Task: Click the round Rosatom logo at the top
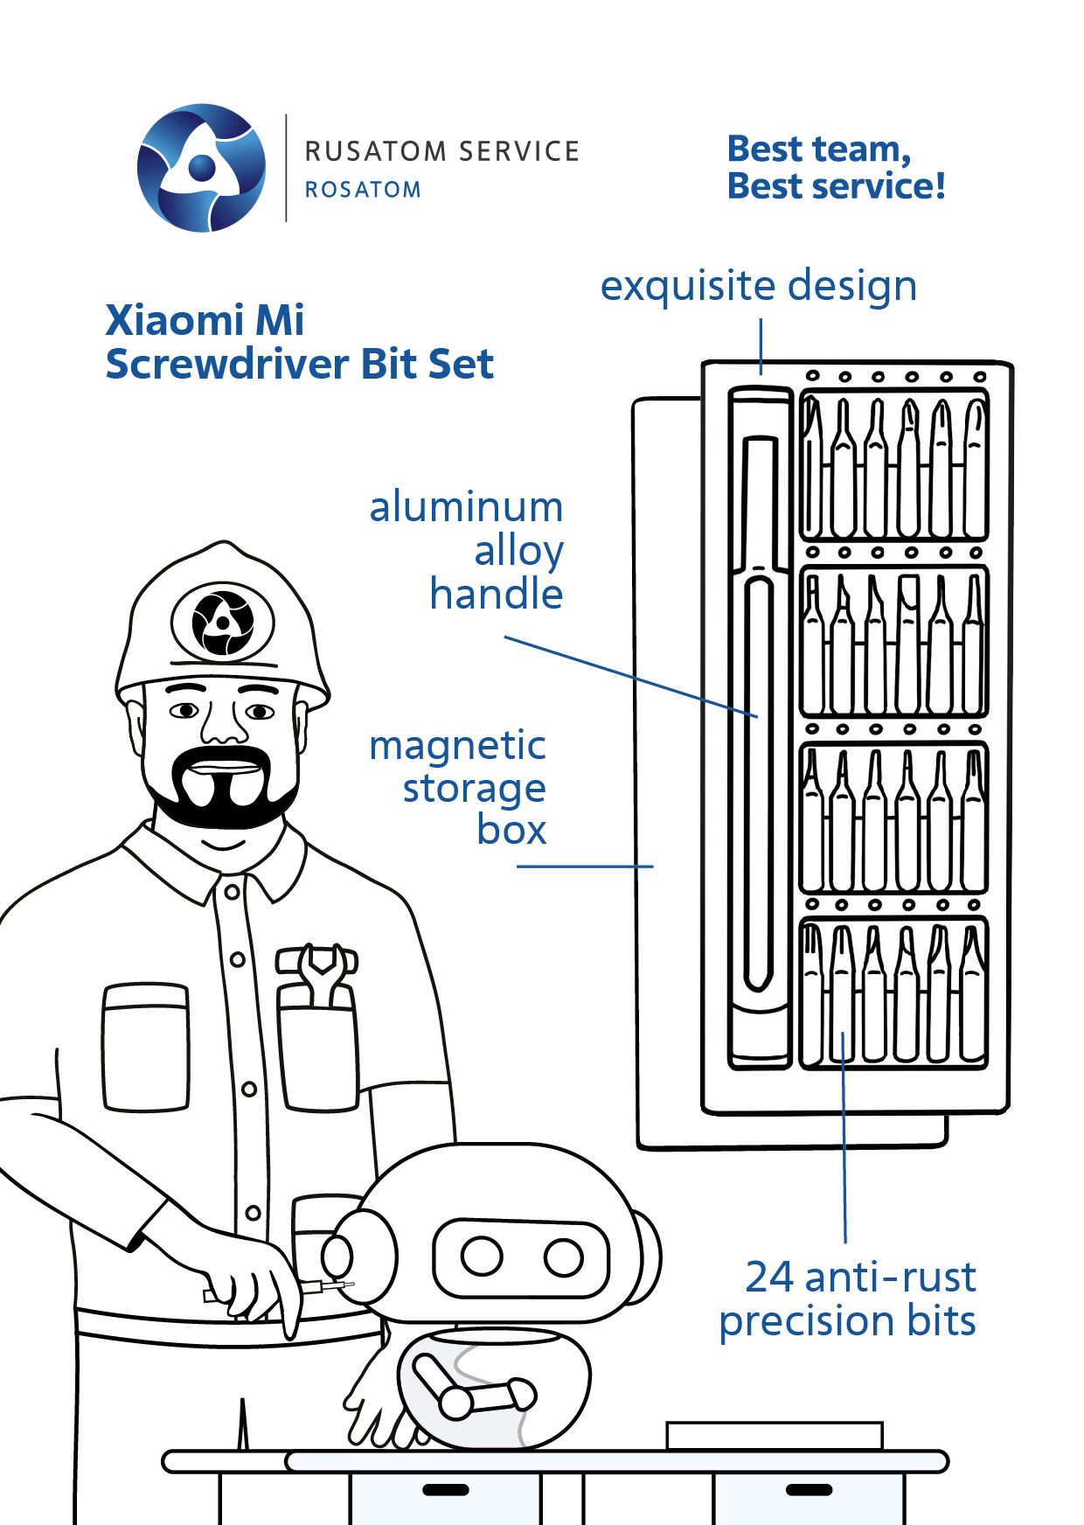202,168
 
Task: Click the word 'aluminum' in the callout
466,507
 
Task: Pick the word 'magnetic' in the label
458,747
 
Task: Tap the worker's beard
220,787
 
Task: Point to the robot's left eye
481,1257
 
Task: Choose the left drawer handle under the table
445,1489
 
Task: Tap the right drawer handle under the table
809,1489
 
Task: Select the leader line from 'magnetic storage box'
585,867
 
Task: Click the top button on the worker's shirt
232,892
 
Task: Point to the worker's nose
224,721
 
